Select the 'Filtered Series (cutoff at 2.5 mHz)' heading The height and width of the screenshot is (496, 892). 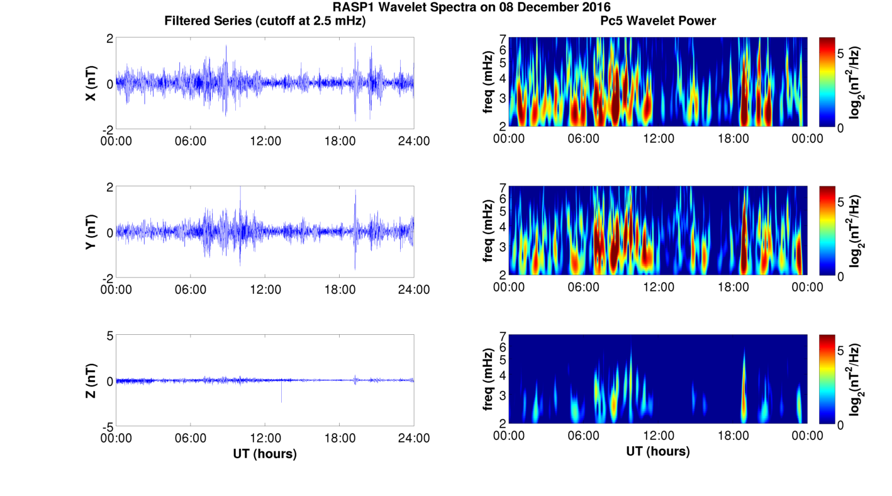click(265, 21)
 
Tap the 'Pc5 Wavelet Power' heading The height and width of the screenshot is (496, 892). click(657, 21)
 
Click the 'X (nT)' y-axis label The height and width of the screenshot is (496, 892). click(91, 83)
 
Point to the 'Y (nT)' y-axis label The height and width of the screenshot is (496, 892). click(91, 232)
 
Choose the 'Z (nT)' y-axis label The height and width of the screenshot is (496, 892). click(91, 380)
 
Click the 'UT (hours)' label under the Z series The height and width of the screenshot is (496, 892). click(265, 453)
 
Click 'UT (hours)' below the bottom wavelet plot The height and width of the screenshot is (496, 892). click(657, 451)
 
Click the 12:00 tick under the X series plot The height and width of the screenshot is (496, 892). click(265, 141)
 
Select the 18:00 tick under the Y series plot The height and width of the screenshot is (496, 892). click(340, 290)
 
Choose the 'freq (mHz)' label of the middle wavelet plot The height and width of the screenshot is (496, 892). click(488, 232)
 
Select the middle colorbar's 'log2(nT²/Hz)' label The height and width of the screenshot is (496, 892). click(855, 232)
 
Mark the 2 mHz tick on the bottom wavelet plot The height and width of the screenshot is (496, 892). click(503, 423)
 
